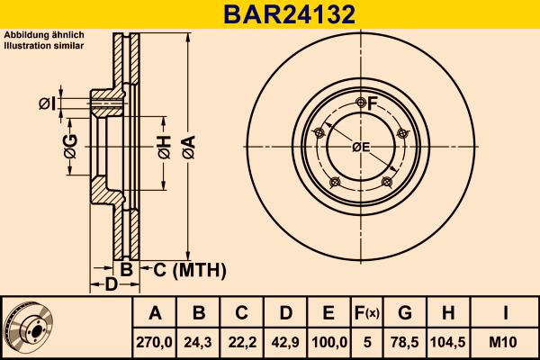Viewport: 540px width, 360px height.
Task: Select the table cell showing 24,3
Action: coord(199,343)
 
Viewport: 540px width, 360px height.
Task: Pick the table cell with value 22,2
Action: coord(242,343)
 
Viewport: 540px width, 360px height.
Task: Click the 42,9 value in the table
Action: coord(285,343)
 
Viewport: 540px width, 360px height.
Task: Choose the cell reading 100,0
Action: coord(328,343)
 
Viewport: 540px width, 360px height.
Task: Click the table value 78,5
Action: coord(405,343)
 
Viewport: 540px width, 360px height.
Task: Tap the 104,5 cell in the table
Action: coord(447,343)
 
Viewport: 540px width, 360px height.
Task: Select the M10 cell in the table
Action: coord(506,343)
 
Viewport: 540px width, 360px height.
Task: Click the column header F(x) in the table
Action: coord(367,314)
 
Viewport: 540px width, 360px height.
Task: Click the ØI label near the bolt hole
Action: coord(47,105)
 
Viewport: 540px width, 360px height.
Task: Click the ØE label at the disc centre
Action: coord(361,148)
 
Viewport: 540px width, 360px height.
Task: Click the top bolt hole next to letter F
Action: coord(361,101)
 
